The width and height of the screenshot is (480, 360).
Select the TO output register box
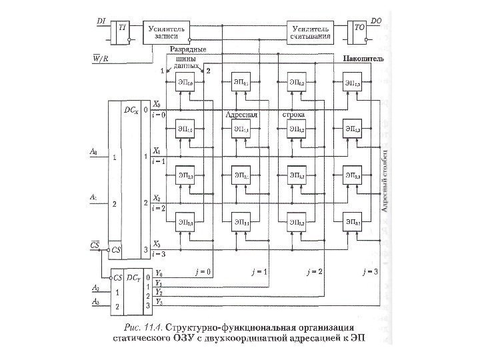click(x=358, y=33)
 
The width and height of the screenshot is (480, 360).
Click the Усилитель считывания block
click(x=309, y=33)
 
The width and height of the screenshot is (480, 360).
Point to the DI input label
click(x=101, y=21)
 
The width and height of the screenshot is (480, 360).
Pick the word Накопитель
click(x=363, y=59)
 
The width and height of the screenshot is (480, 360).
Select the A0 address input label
click(x=93, y=152)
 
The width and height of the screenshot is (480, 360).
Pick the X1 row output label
click(x=157, y=151)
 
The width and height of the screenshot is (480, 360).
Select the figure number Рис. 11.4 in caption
click(x=143, y=327)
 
